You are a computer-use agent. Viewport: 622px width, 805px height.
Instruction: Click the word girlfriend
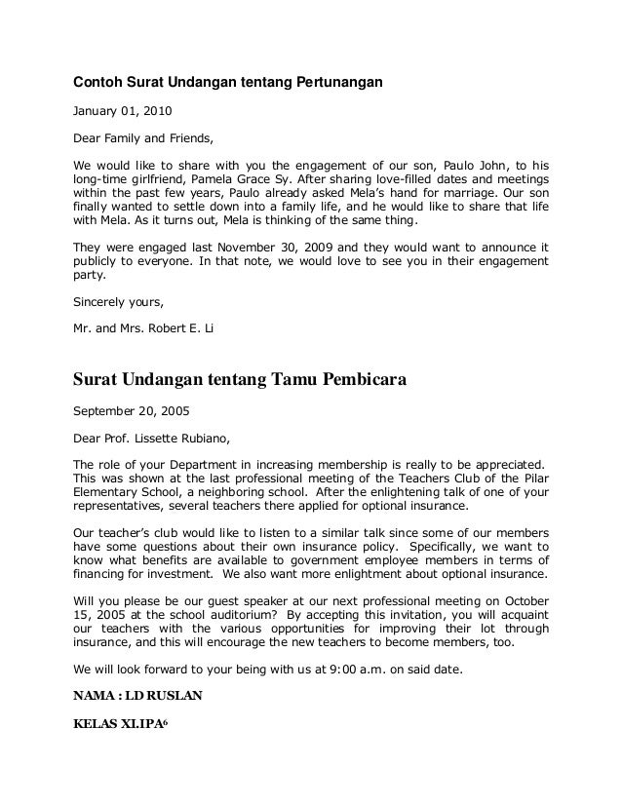[x=157, y=181]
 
